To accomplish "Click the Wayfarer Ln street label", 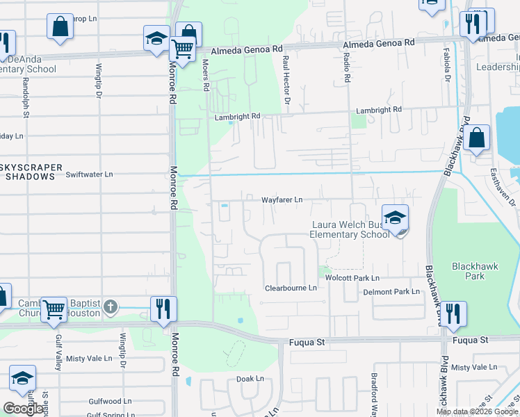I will (x=282, y=199).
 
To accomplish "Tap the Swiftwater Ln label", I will (x=89, y=174).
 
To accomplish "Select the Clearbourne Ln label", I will (x=291, y=288).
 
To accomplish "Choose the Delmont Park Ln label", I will (x=392, y=292).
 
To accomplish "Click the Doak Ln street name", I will (x=250, y=379).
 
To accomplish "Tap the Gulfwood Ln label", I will (x=110, y=401).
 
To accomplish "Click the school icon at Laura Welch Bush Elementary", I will (x=395, y=218).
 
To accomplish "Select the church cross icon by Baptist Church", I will (x=111, y=306).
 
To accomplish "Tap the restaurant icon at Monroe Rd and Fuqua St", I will (x=163, y=309).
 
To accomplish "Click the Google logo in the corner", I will (x=23, y=409).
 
